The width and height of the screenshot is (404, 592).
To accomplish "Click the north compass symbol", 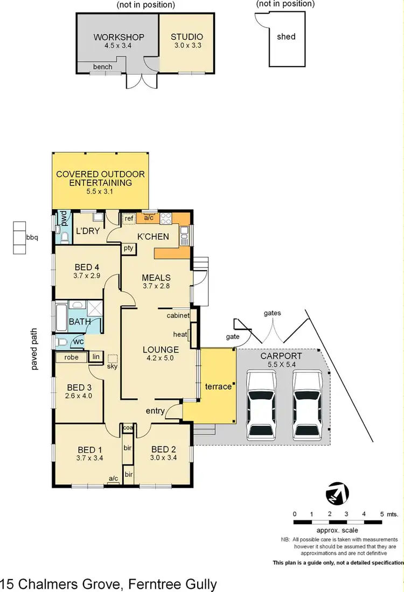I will (338, 492).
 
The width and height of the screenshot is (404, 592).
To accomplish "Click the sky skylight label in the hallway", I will (112, 367).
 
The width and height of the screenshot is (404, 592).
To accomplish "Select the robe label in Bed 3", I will (72, 357).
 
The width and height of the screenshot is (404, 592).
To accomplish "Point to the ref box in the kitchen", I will (129, 219).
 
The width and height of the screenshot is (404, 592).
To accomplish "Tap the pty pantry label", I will (129, 248).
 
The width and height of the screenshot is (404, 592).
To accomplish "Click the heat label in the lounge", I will (180, 334).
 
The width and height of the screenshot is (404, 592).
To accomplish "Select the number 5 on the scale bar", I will (382, 514).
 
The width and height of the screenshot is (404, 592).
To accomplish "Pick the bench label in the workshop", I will (102, 67).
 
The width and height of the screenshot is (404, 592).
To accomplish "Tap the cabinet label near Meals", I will (178, 315).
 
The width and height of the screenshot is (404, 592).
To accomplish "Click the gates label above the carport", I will (273, 313).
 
